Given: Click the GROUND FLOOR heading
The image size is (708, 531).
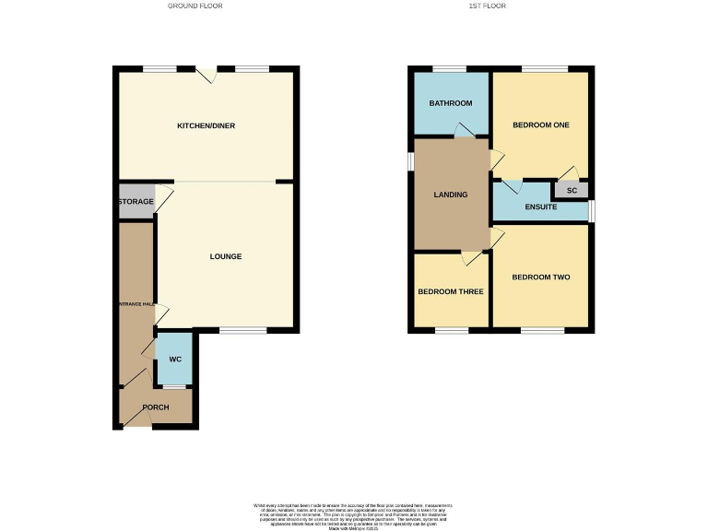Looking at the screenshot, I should click(195, 6).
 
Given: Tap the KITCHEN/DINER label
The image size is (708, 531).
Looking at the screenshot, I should click(206, 125).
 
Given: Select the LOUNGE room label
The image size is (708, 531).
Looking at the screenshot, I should click(225, 256).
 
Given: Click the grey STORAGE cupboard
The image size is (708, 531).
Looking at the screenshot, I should click(136, 202).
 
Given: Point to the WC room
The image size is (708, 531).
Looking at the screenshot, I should click(174, 360).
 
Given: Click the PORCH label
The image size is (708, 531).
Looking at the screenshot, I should click(155, 407).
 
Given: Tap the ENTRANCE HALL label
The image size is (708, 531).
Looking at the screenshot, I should click(135, 304).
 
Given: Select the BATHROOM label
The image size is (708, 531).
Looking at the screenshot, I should click(450, 103).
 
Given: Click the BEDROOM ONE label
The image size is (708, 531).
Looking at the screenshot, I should click(541, 125).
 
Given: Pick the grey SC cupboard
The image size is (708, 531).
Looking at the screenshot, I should click(572, 191).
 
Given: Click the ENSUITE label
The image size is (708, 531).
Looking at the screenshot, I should click(541, 206).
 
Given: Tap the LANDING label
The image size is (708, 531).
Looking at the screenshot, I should click(451, 195).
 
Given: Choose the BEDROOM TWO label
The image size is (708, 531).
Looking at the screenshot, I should click(541, 277).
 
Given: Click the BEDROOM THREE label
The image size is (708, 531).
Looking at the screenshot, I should click(451, 291).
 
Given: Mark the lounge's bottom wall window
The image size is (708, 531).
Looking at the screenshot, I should click(243, 330).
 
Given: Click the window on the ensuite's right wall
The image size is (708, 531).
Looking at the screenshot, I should click(592, 210).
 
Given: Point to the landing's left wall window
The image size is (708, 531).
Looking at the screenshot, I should click(412, 160).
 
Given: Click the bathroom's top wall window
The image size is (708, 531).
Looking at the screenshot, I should click(450, 69).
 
